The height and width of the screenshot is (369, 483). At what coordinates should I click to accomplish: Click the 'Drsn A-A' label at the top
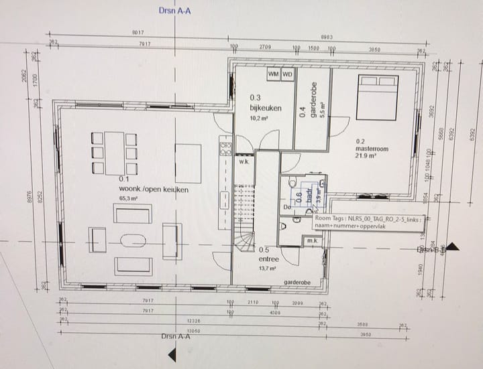[x=174, y=11]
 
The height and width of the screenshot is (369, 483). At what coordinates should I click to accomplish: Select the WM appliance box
[x=273, y=74]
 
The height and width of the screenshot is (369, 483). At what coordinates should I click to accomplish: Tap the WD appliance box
[x=287, y=74]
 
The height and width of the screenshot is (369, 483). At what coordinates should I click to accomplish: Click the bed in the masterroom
[x=377, y=97]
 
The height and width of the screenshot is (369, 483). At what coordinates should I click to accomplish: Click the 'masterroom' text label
[x=372, y=149]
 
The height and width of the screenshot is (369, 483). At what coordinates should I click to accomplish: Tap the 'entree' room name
[x=268, y=259]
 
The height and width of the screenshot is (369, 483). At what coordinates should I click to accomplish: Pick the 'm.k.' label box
[x=313, y=240]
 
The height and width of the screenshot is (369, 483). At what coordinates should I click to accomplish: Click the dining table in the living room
[x=115, y=153]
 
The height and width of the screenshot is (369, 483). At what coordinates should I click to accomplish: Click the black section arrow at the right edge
[x=453, y=246]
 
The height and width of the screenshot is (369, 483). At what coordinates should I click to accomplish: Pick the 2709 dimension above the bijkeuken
[x=265, y=48]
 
